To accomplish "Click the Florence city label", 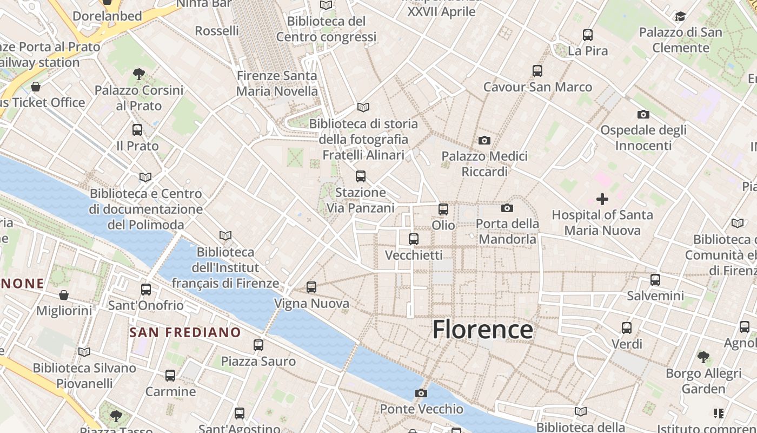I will pyautogui.click(x=482, y=329).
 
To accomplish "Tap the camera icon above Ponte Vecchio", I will pyautogui.click(x=421, y=393).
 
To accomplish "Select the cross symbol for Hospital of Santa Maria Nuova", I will pyautogui.click(x=602, y=199).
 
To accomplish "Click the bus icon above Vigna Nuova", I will pyautogui.click(x=311, y=287).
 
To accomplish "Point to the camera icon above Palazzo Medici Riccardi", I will pyautogui.click(x=484, y=140).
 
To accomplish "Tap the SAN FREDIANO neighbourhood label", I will pyautogui.click(x=185, y=332).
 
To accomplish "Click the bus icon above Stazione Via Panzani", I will pyautogui.click(x=361, y=176).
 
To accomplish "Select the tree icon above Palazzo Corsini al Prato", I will pyautogui.click(x=139, y=74).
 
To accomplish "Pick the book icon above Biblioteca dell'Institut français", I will pyautogui.click(x=225, y=236).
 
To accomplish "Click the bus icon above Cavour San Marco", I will pyautogui.click(x=537, y=71).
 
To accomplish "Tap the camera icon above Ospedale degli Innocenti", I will pyautogui.click(x=643, y=114).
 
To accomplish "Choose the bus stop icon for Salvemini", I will pyautogui.click(x=655, y=280).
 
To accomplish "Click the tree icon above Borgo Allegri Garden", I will pyautogui.click(x=703, y=357).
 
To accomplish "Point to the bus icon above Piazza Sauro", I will pyautogui.click(x=258, y=345).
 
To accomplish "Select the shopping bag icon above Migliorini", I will pyautogui.click(x=64, y=295).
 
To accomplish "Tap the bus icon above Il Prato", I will pyautogui.click(x=137, y=130).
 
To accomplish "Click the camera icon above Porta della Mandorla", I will pyautogui.click(x=507, y=208).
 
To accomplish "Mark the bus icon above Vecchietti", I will pyautogui.click(x=414, y=239).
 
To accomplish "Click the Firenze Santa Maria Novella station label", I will pyautogui.click(x=277, y=83).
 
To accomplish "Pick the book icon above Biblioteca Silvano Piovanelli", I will pyautogui.click(x=84, y=352).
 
